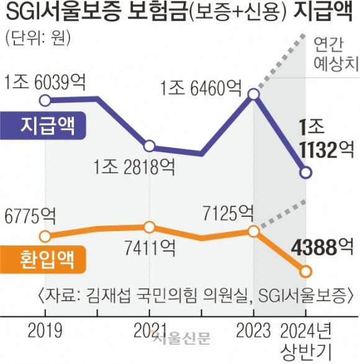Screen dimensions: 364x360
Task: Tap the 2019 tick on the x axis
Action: click(x=44, y=329)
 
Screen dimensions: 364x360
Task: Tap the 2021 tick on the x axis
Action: click(x=149, y=329)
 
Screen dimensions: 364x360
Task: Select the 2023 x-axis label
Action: click(x=253, y=329)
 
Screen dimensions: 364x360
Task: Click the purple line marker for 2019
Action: click(x=44, y=99)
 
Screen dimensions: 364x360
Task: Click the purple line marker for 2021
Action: click(x=149, y=147)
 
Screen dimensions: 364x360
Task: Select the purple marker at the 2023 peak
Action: click(x=253, y=94)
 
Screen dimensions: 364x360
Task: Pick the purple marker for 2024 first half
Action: click(x=305, y=173)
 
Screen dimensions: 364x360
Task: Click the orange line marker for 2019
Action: click(x=44, y=236)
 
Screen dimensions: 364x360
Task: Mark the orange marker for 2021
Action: click(x=149, y=227)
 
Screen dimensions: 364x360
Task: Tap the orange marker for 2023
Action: click(x=253, y=231)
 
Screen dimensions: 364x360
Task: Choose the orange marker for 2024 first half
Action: click(x=305, y=271)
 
